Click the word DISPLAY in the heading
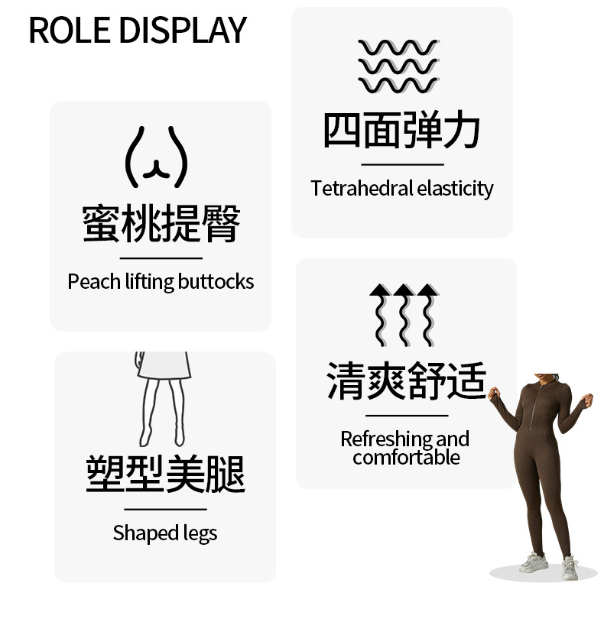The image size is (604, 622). point(183,30)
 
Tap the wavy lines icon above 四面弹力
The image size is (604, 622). point(398,66)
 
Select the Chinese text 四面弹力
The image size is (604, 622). point(402,131)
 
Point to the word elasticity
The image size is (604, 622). point(455,188)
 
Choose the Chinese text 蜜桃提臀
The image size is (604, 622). point(161,223)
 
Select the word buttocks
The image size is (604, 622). point(216,282)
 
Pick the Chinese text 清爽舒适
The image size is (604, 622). point(406,381)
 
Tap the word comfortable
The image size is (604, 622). point(406,458)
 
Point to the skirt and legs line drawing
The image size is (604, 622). point(162,398)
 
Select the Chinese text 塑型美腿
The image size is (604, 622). point(165,474)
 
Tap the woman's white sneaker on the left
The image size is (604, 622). point(533,564)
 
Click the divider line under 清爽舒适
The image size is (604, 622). point(406,416)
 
